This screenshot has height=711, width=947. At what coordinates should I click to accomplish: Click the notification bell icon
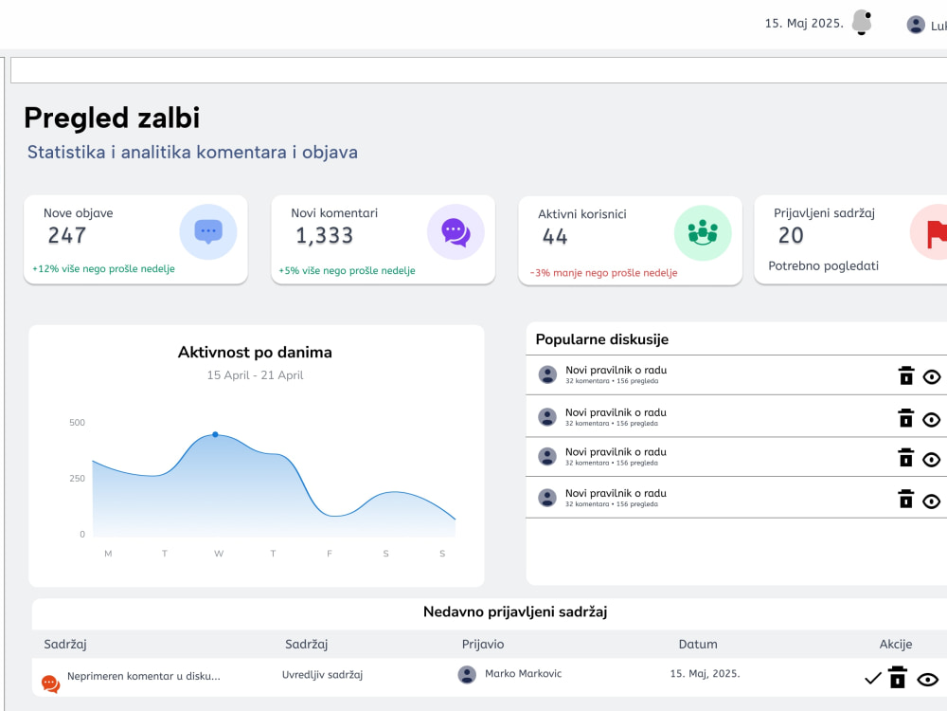[862, 23]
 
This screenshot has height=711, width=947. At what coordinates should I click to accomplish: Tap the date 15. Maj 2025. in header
[804, 24]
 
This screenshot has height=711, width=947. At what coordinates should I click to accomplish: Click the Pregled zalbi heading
[112, 118]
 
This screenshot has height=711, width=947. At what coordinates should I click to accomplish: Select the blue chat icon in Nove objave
[208, 232]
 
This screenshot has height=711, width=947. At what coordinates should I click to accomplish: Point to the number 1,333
[324, 235]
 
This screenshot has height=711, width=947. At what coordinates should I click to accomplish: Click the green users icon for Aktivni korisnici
[703, 233]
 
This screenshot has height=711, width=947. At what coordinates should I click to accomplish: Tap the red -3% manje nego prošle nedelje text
[604, 273]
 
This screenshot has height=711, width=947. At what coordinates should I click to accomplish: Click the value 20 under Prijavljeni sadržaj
[791, 235]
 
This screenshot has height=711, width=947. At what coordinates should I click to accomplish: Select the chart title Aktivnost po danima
[255, 353]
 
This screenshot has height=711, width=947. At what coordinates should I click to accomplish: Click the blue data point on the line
[216, 435]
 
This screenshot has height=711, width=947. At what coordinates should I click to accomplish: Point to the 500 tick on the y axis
[78, 423]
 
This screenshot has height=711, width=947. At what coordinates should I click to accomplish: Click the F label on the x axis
[330, 554]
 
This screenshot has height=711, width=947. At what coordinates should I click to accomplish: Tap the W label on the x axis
[219, 554]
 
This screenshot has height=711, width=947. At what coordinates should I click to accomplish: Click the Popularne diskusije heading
[602, 339]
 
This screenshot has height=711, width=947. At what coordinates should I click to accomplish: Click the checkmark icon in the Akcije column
[873, 679]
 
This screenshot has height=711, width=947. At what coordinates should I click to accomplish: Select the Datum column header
[698, 645]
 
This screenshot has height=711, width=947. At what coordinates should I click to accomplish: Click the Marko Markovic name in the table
[523, 673]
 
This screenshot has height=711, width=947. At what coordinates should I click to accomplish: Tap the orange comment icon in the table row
[51, 684]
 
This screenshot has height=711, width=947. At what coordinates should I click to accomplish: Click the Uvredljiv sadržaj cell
[323, 675]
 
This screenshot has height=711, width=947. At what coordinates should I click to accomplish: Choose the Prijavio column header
[483, 645]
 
